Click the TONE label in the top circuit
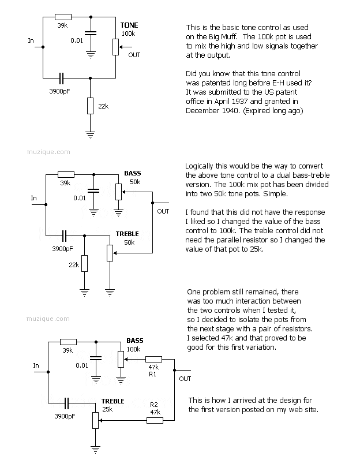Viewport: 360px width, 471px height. point(129,25)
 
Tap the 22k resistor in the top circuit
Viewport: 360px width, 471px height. point(89,106)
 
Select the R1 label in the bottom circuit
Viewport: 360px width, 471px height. point(153,374)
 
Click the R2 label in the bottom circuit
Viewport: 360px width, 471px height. point(153,405)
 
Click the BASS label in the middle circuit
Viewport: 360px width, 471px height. point(133,173)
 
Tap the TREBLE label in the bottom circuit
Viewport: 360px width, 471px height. point(112,401)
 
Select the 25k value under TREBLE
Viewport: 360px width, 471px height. point(107,409)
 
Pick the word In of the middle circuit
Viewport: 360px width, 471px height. point(34,198)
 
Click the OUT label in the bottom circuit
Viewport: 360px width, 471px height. point(185,379)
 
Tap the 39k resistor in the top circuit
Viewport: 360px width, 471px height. point(63,17)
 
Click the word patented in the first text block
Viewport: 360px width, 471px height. point(211,83)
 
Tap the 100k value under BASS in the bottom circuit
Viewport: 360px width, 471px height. point(133,350)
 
